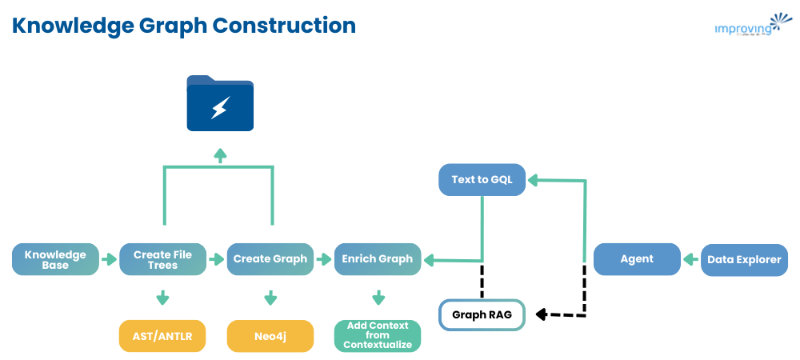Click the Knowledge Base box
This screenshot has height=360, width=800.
(x=55, y=259)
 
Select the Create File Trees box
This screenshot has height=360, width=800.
(x=162, y=259)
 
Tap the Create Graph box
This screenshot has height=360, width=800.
(x=270, y=259)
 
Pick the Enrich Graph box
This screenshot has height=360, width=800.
(x=377, y=259)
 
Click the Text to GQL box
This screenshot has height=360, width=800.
(x=482, y=180)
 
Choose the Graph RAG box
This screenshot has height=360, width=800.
(x=482, y=314)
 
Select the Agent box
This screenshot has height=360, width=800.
(x=637, y=259)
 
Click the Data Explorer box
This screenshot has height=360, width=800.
(x=744, y=259)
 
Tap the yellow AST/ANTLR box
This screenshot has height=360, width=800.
(x=162, y=336)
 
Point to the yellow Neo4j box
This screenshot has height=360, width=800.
(x=270, y=336)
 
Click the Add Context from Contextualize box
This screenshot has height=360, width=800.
(x=377, y=336)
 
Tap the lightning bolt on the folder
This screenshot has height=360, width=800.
(x=220, y=108)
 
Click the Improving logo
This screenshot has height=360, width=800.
(x=744, y=26)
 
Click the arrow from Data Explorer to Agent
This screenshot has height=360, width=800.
(x=690, y=259)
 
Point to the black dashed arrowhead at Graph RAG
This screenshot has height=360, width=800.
(x=542, y=314)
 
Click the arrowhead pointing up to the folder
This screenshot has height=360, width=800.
(x=219, y=152)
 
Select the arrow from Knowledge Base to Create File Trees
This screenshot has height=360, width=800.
(x=109, y=259)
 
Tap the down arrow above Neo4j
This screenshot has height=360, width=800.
(x=270, y=298)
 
